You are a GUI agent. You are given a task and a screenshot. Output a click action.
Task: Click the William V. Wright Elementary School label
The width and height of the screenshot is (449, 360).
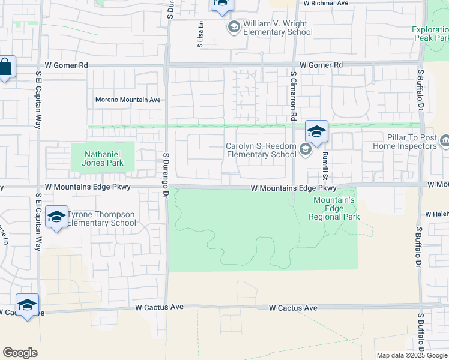pos(278,28)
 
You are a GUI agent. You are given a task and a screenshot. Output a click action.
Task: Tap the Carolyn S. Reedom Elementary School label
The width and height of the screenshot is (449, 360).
pos(261,150)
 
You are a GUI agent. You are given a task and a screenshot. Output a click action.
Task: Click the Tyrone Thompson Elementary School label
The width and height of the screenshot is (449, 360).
pos(101,218)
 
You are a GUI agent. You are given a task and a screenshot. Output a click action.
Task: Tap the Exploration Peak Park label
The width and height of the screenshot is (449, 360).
pos(430,34)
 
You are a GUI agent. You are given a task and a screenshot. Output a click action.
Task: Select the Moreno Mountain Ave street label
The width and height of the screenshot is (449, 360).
pos(128,100)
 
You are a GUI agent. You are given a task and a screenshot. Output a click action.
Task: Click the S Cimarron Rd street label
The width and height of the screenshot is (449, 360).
pos(294,97)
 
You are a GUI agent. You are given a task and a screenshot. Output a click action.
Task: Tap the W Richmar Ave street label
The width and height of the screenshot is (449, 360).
pos(326,3)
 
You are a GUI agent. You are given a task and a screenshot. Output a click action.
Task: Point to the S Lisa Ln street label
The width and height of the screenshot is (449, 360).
pos(201,37)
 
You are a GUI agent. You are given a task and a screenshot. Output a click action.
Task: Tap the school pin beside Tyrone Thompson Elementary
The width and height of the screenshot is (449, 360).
pos(56,218)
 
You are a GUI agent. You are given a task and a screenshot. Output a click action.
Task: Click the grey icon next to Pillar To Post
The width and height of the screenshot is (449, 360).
pos(445,142)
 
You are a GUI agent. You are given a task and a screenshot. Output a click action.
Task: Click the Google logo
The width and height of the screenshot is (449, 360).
pos(20,353)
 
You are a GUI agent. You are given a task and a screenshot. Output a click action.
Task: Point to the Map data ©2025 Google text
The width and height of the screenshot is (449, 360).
pos(411,355)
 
